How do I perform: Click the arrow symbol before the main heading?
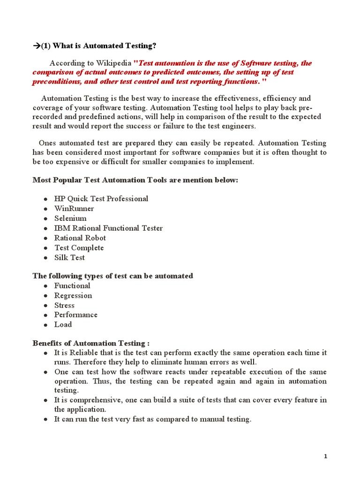(37, 45)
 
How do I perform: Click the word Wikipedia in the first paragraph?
(114, 63)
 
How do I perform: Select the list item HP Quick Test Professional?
(101, 199)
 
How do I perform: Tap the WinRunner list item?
(74, 209)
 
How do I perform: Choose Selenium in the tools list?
(70, 218)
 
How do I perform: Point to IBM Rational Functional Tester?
(108, 228)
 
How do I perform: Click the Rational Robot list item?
(80, 238)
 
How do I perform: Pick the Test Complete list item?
(79, 248)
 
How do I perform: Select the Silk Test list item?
(69, 258)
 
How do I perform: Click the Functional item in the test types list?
(72, 286)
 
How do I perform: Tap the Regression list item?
(73, 296)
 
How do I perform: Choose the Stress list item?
(64, 306)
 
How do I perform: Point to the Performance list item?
(76, 315)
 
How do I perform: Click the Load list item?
(63, 325)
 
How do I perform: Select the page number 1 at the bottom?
(325, 457)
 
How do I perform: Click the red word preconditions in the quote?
(56, 82)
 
